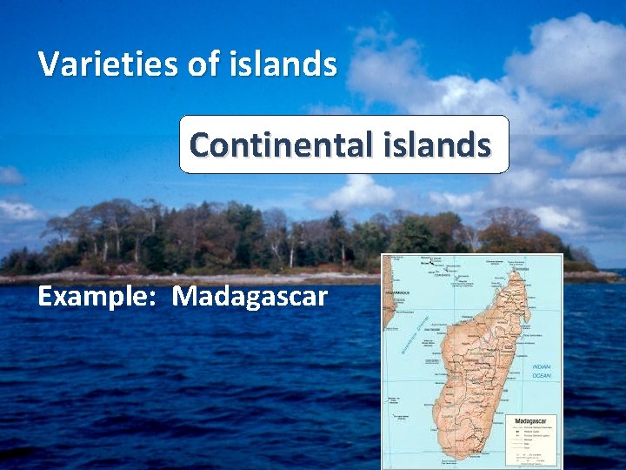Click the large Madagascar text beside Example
click(x=250, y=297)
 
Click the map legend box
click(x=532, y=440)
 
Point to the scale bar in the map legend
click(x=527, y=456)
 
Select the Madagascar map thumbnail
click(x=472, y=360)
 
